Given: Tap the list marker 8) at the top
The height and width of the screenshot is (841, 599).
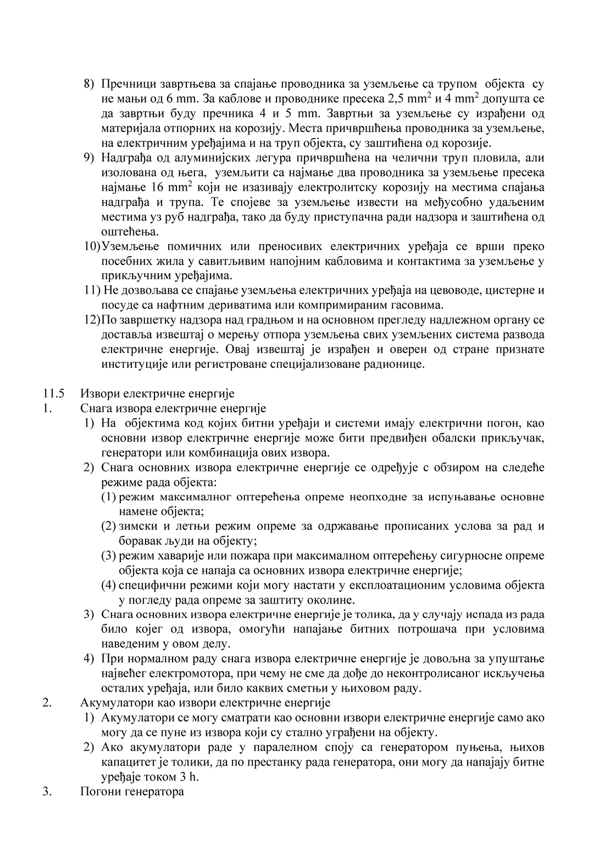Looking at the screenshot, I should click(x=89, y=84).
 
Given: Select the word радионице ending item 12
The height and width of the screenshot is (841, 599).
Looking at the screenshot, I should click(x=396, y=364).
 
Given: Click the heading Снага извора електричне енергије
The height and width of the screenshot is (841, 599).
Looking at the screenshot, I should click(x=173, y=408).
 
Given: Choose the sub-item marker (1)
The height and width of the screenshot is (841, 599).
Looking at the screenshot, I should click(x=108, y=497).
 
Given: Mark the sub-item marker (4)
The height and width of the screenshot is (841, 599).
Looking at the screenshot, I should click(x=108, y=585).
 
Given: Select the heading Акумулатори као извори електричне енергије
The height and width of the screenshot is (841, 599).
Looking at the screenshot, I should click(x=205, y=702).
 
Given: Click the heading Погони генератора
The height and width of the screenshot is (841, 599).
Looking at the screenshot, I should click(x=132, y=792).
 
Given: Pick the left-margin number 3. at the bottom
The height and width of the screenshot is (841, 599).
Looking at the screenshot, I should click(x=47, y=792).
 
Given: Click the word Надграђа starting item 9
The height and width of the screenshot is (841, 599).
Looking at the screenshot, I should click(x=124, y=158).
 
